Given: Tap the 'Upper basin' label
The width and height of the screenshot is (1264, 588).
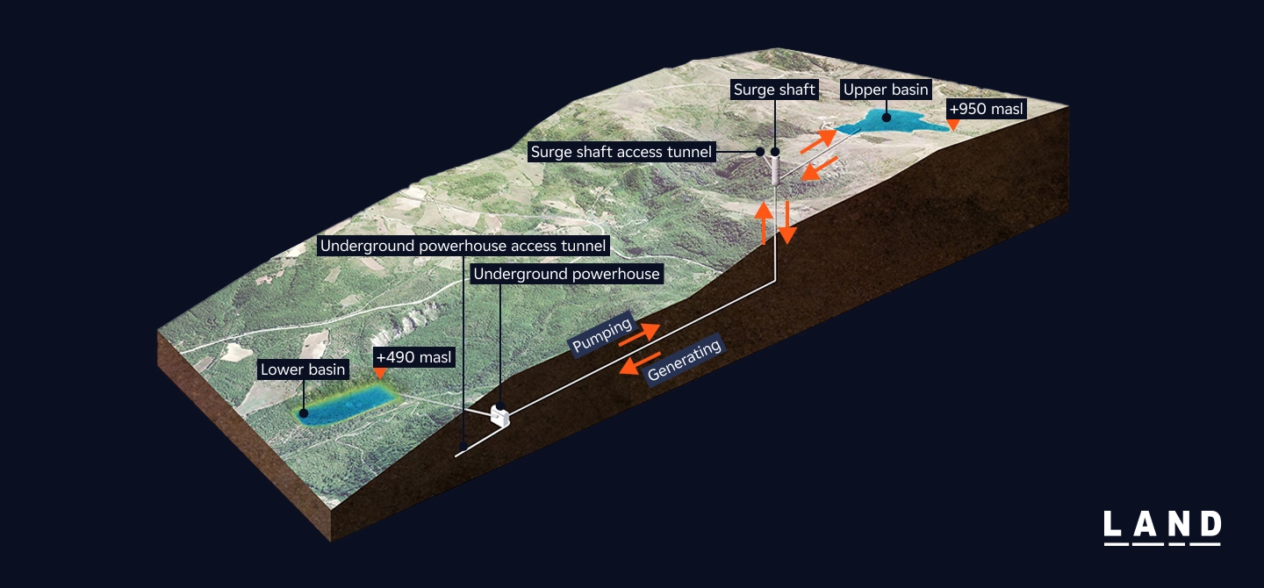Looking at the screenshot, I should click(x=886, y=90).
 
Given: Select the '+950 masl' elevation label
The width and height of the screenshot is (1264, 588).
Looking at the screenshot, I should click(x=986, y=110).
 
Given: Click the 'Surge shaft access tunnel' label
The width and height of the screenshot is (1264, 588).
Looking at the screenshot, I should click(x=621, y=152).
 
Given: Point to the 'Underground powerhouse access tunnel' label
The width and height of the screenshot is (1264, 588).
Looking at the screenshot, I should click(x=463, y=246).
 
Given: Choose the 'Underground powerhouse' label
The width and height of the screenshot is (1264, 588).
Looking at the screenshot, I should click(x=566, y=274).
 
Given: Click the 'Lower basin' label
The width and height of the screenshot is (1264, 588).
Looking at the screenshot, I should click(x=303, y=369).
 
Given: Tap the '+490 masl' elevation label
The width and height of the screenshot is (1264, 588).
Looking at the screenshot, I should click(x=413, y=357).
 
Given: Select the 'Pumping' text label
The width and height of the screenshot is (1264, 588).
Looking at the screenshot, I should click(x=602, y=336).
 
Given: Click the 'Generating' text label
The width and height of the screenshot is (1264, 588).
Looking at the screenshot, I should click(x=684, y=361).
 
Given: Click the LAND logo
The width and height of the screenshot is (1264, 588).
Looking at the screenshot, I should click(x=1161, y=527).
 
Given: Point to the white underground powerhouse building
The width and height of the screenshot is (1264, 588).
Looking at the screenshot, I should click(x=500, y=415).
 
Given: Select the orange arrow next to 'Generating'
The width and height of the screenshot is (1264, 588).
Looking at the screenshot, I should click(x=639, y=364).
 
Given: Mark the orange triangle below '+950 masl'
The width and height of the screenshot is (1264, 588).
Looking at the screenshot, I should click(x=954, y=126).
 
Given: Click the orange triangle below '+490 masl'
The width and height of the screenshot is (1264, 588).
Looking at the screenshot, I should click(x=379, y=375).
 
